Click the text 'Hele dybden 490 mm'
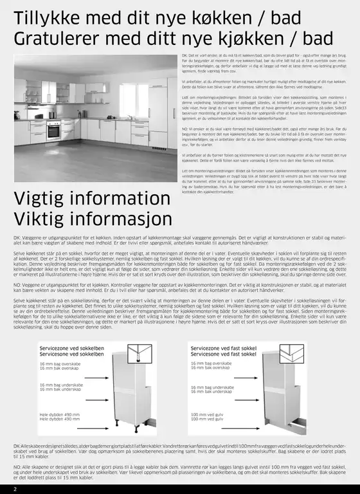60,415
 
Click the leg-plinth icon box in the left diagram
139,353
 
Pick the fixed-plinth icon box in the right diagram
293,353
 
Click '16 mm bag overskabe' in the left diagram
60,363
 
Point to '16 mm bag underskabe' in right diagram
212,387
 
